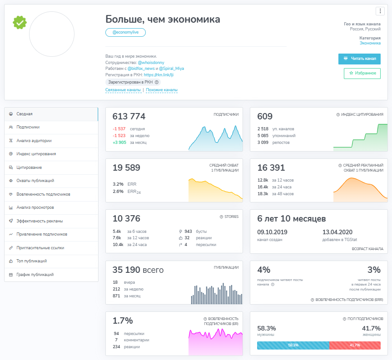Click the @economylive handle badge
pos(125,33)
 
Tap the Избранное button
pos(362,74)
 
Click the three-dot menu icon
pos(380,11)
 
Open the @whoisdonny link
pos(151,63)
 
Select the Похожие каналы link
pos(162,90)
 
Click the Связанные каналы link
pos(123,90)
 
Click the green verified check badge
pos(20,23)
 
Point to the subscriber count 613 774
pos(129,116)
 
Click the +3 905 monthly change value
pos(119,143)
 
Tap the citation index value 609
pos(265,116)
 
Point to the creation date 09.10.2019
pos(272,232)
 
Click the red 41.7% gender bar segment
pos(355,345)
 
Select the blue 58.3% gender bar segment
pos(293,345)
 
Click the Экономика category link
pos(370,43)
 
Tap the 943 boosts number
pos(188,232)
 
